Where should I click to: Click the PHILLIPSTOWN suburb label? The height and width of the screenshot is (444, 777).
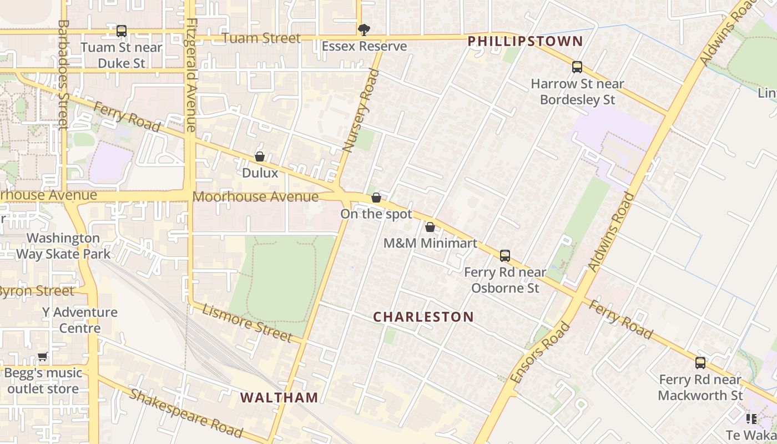525,41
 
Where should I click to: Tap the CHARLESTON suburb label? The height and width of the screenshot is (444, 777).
423,317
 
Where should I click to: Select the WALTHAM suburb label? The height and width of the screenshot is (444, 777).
280,397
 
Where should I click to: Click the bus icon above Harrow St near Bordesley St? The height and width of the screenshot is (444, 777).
577,68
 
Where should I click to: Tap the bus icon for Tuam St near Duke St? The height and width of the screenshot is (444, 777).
122,31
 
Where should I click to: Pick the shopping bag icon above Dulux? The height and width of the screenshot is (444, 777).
260,157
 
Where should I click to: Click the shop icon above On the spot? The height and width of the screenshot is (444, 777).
376,198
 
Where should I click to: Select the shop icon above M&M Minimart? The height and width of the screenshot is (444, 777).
430,227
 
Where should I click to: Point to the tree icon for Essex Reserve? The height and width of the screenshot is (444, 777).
364,30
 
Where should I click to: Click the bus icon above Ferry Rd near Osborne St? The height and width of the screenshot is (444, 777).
505,256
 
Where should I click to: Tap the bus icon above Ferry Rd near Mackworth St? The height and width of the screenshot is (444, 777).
700,363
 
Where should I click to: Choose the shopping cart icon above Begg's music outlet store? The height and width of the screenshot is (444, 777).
43,356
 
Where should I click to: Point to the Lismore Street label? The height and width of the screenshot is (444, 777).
247,323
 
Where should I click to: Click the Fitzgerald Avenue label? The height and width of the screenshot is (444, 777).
191,75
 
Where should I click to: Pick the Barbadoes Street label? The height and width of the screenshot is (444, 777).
63,75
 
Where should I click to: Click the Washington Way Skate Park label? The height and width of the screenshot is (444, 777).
63,246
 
